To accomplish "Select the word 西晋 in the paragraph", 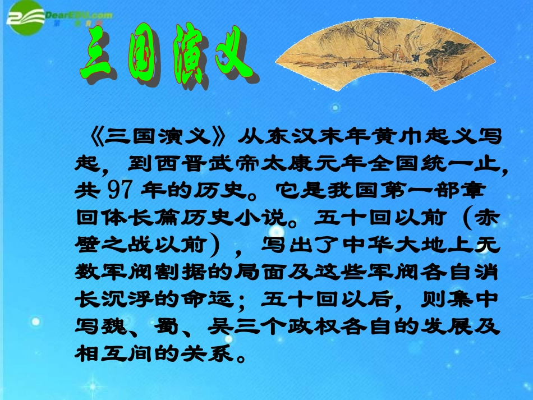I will point(167,162).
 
